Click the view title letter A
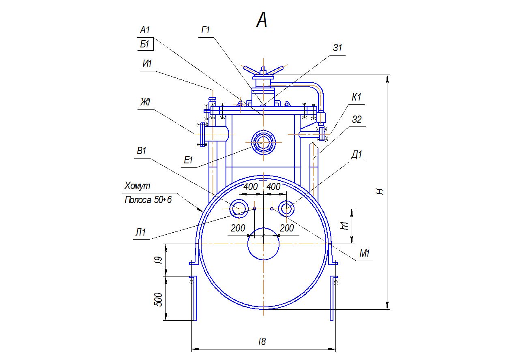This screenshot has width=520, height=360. [262, 20]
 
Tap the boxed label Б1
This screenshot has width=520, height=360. [145, 45]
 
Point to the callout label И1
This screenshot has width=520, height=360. [147, 64]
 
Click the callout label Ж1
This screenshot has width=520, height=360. [145, 103]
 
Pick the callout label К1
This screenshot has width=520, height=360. [357, 97]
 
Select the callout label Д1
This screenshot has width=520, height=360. [357, 154]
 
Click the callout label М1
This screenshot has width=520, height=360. [365, 254]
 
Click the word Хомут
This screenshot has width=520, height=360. [137, 186]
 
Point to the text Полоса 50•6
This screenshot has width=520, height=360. [148, 199]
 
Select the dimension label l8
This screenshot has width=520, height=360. [262, 341]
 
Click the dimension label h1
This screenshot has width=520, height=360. [345, 225]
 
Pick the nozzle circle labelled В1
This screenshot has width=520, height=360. [239, 209]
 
